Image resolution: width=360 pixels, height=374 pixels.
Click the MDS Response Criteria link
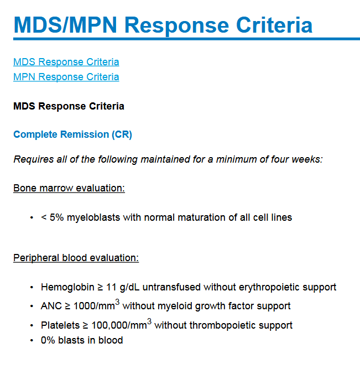click(66, 62)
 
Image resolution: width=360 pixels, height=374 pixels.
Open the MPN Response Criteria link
click(66, 77)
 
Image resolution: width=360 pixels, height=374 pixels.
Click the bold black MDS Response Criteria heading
click(69, 106)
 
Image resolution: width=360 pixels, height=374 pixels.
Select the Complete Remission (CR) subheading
click(72, 134)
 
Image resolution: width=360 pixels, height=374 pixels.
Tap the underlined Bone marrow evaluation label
click(69, 188)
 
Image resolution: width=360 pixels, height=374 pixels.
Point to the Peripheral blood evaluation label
click(76, 258)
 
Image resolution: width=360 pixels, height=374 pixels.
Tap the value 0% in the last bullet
click(48, 340)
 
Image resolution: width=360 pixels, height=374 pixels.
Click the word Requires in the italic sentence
click(33, 160)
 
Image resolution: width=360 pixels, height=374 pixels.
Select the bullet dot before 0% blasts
click(32, 340)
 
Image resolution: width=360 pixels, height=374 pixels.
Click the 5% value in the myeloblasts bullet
click(57, 217)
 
